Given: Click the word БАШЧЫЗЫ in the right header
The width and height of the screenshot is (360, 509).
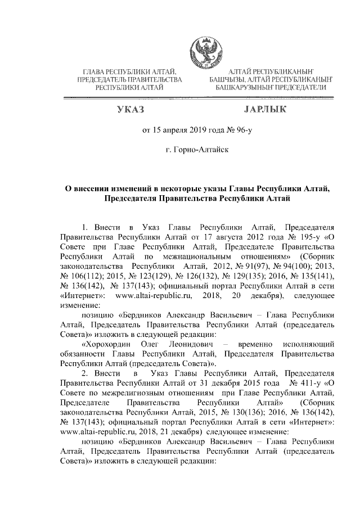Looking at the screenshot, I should [228, 80].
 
